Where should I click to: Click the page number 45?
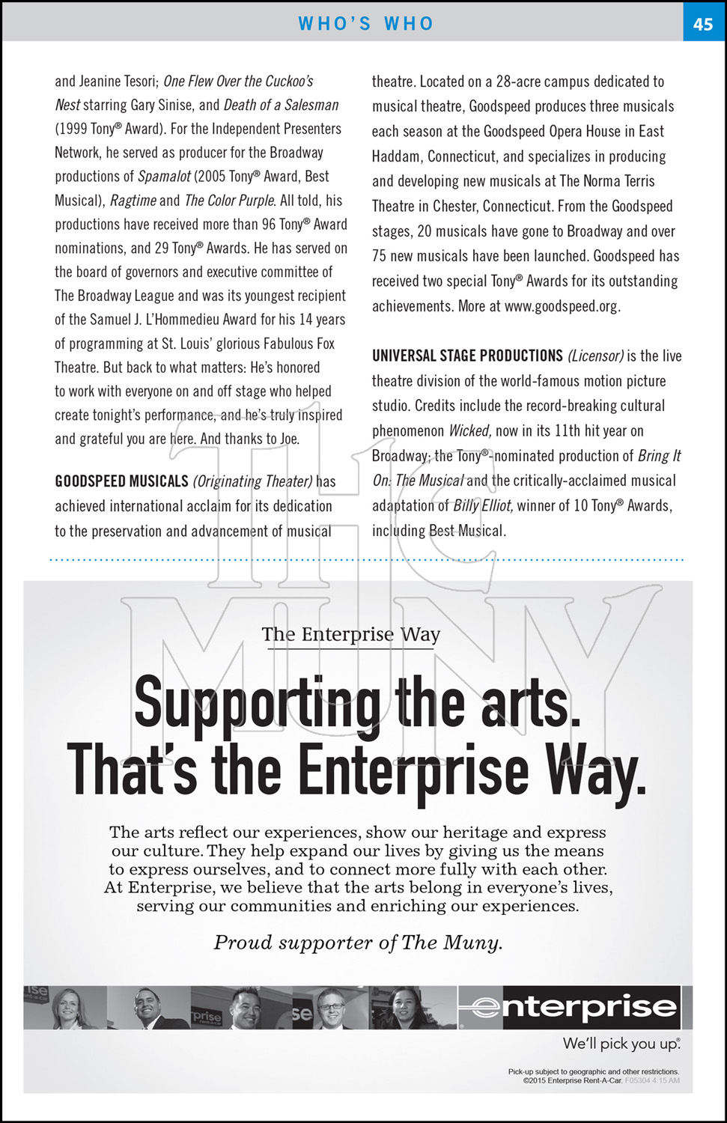click(x=702, y=24)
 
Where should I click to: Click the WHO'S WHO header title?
click(x=365, y=24)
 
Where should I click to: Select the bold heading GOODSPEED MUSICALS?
click(x=121, y=481)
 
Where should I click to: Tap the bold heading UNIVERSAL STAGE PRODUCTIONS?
click(x=467, y=356)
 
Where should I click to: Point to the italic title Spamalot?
click(x=164, y=177)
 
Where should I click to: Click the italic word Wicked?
click(x=469, y=431)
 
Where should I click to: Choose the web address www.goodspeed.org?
click(x=562, y=306)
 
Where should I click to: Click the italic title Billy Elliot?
click(x=483, y=506)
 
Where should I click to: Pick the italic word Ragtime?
click(x=133, y=201)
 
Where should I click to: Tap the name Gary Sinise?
click(x=163, y=106)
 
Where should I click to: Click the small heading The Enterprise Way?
click(x=350, y=635)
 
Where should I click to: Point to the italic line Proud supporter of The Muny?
click(x=358, y=943)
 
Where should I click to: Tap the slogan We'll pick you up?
click(x=621, y=1044)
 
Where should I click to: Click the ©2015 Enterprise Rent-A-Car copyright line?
click(x=572, y=1080)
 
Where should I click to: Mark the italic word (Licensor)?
click(x=595, y=356)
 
